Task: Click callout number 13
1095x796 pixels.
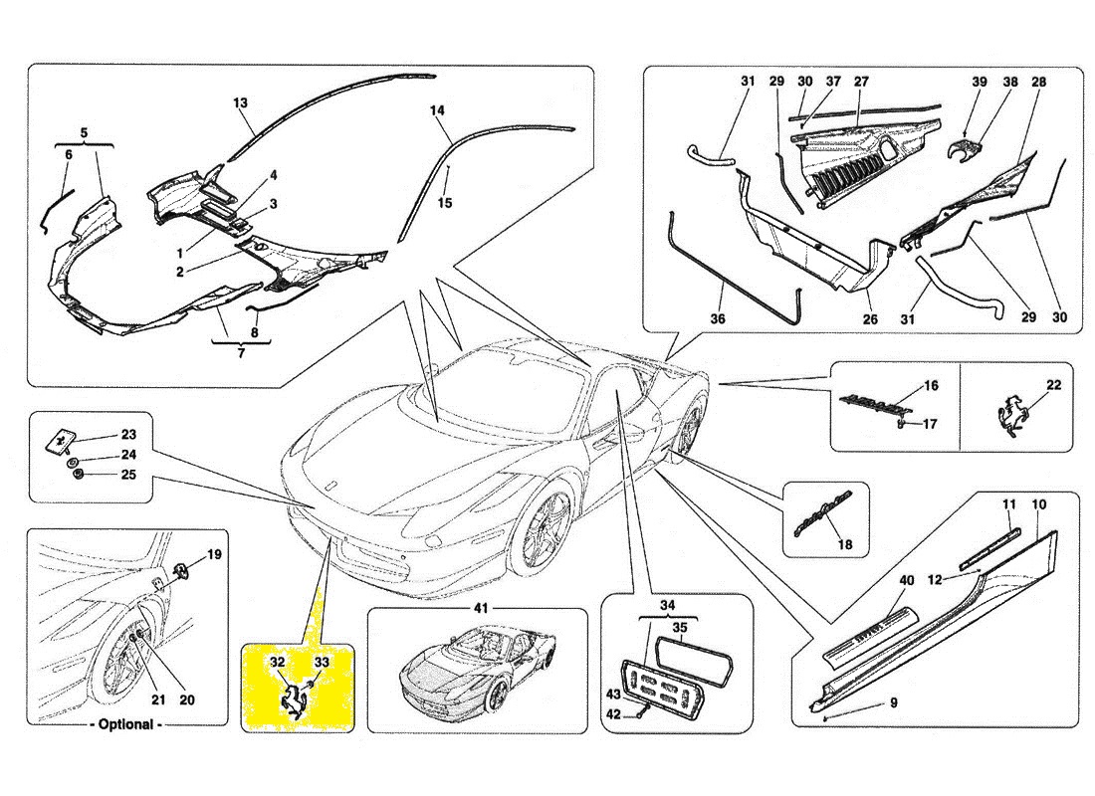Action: coord(240,102)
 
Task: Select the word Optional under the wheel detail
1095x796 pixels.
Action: coord(126,724)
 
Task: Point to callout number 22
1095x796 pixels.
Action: coord(1053,385)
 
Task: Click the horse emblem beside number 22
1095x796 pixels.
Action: coord(1011,418)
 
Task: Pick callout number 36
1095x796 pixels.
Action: coord(718,319)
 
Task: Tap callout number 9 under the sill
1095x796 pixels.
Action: coord(893,703)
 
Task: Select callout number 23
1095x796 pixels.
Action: coord(128,434)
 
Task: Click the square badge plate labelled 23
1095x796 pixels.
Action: coord(62,438)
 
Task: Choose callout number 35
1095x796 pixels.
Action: coord(680,628)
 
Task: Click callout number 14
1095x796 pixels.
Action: coord(437,110)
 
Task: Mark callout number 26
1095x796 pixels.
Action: coord(870,319)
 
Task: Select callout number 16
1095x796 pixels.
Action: coord(931,384)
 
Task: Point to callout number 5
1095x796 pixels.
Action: coord(84,131)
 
